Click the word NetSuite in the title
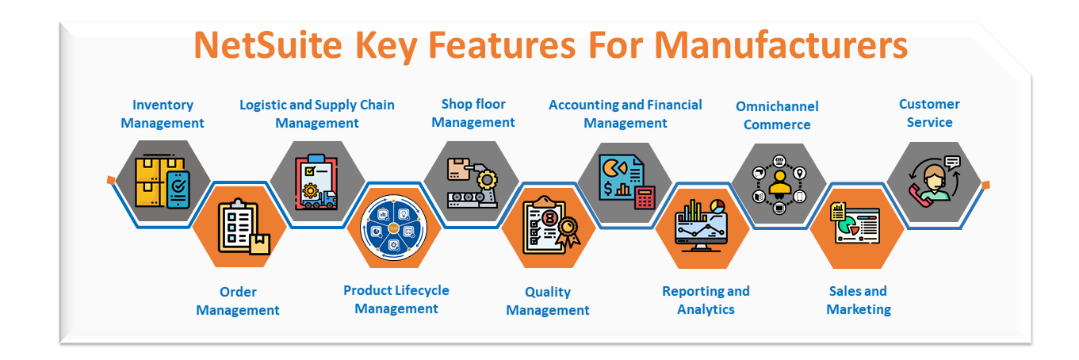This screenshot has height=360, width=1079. pos(268,45)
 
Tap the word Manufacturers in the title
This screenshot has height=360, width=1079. pos(781,45)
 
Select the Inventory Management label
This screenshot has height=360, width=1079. pos(163,113)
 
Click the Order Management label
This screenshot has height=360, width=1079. pos(238,301)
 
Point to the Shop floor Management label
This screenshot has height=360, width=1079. pos(473,113)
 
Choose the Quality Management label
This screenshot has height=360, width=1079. pos(548,301)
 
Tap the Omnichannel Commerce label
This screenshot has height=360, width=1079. pos(777,115)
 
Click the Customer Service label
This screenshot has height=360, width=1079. pos(929,113)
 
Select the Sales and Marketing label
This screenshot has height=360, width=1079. pos(859,300)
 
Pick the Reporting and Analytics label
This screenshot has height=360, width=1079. pos(706,300)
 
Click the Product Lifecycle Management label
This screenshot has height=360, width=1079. pos(396,299)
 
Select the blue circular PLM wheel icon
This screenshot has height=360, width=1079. pos(393,228)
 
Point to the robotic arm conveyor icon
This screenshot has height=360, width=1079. pos(473,182)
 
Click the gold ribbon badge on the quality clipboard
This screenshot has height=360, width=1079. pos(568,231)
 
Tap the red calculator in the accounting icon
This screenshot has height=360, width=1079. pos(645,197)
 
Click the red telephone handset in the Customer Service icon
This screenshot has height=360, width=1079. pos(919,193)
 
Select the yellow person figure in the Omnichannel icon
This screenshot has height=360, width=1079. pos(779,185)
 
